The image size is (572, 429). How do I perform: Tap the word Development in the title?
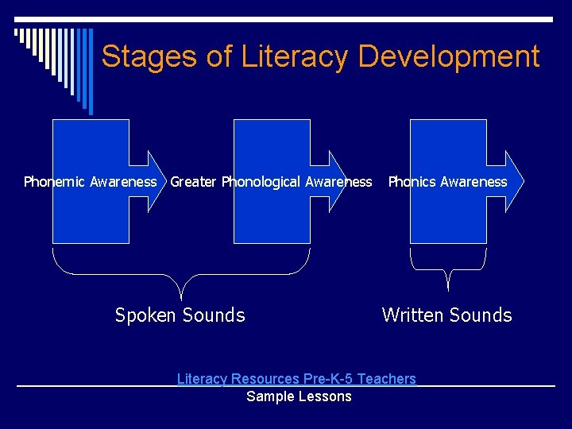449,56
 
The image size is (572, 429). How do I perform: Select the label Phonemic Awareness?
90,182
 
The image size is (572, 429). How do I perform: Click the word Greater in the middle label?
194,182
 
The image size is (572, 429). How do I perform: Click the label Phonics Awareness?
447,182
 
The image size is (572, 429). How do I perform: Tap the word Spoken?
145,315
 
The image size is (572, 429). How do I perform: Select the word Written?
413,315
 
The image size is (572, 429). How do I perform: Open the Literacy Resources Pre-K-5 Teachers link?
296,379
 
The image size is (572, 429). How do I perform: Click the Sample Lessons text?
299,396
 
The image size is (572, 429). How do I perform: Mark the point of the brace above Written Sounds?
449,288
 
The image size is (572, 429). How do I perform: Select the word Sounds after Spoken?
214,315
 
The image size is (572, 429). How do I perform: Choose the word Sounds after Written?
481,315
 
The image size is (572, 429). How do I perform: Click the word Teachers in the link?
386,379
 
